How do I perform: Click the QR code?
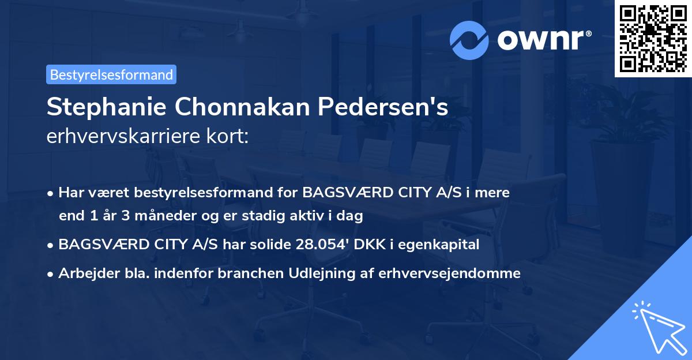point(653,38)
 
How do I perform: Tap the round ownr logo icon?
point(469,40)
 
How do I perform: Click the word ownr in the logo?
point(531,40)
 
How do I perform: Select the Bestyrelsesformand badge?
point(111,74)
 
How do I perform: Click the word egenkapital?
point(445,245)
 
